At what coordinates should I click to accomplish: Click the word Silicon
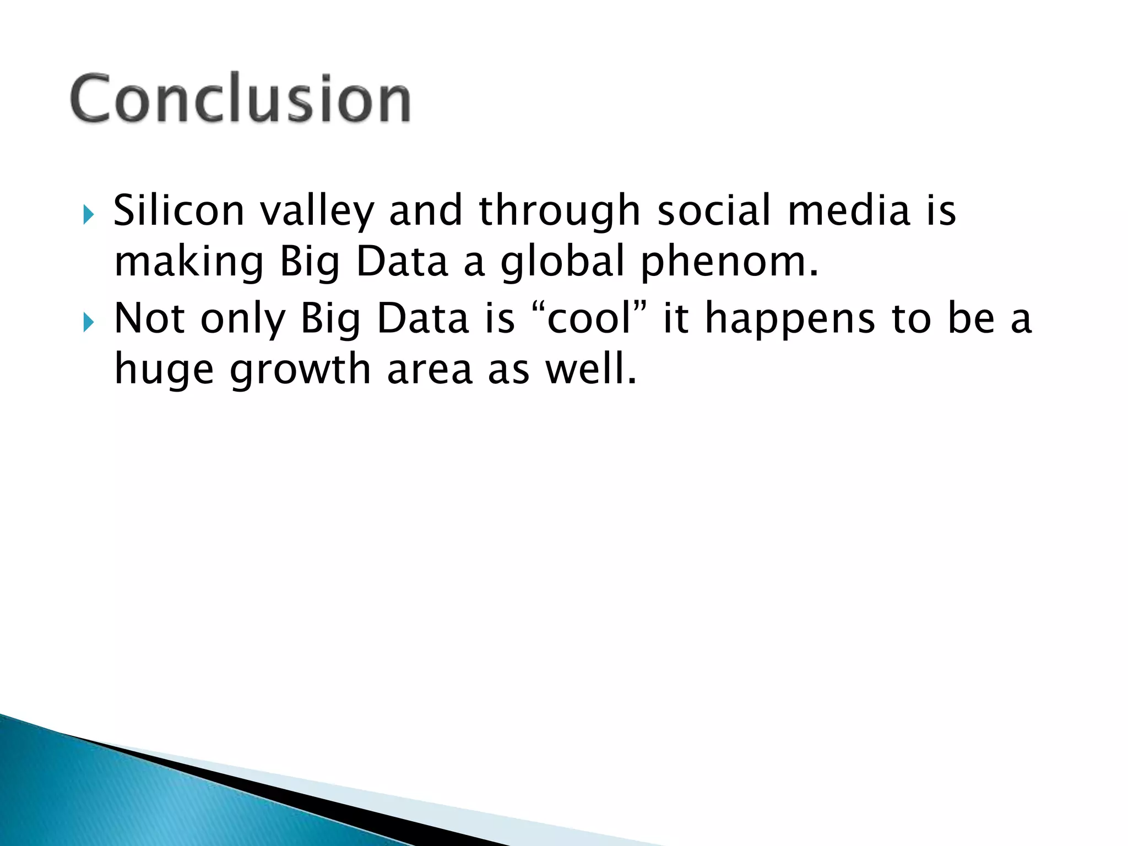pos(178,210)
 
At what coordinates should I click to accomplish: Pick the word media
pos(849,210)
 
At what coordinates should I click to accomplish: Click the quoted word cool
pos(589,319)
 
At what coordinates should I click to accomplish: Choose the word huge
pos(164,371)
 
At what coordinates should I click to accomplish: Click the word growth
pos(300,371)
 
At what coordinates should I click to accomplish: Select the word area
pos(430,370)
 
